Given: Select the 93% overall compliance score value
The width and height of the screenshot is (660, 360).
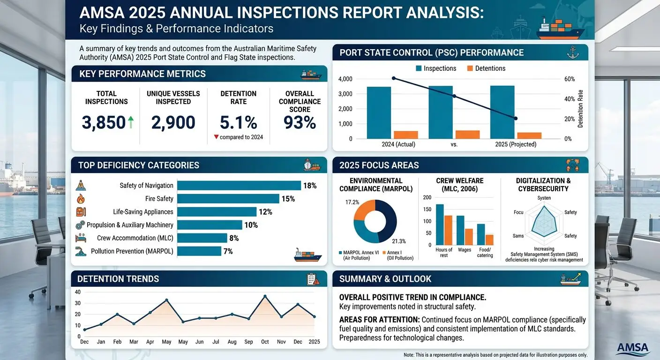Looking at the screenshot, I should click(300, 122).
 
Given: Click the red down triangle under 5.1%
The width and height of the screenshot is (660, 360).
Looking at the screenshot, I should click(216, 137).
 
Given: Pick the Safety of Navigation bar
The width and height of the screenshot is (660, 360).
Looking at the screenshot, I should click(239, 186).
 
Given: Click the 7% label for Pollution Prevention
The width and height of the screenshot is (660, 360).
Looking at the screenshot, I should click(228, 251).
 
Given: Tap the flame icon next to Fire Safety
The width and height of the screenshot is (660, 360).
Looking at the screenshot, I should click(80, 199).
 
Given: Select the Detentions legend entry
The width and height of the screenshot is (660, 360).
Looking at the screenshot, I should click(486, 68).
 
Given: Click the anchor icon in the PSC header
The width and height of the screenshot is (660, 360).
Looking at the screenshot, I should click(570, 53).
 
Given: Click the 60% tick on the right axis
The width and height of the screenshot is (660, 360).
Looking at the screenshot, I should click(569, 79).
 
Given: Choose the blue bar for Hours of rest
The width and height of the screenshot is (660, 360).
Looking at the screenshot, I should click(440, 225).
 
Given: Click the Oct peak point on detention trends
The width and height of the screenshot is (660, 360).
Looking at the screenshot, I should click(265, 296).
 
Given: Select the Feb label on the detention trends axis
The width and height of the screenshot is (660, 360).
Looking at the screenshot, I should click(117, 342).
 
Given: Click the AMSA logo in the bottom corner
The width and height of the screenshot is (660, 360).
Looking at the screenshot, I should click(633, 348).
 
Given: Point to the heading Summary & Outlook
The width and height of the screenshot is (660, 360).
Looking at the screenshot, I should click(385, 279).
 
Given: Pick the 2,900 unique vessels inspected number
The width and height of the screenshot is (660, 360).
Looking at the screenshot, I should click(173, 122).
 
